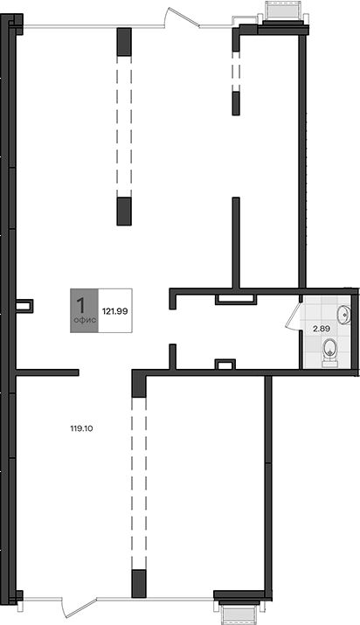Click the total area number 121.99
(115, 311)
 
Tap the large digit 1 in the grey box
(81, 305)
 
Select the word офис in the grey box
(84, 320)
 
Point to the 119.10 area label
(81, 429)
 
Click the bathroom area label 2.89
(321, 329)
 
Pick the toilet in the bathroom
(330, 352)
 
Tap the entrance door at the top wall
(182, 18)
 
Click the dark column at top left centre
(124, 42)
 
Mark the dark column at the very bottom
(139, 584)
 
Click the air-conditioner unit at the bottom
(239, 612)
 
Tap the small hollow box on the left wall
(24, 306)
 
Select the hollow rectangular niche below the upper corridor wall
(235, 299)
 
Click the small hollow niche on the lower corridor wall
(225, 364)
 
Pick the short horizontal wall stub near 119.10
(47, 372)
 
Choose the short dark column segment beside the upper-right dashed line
(236, 104)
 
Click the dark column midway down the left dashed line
(124, 212)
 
